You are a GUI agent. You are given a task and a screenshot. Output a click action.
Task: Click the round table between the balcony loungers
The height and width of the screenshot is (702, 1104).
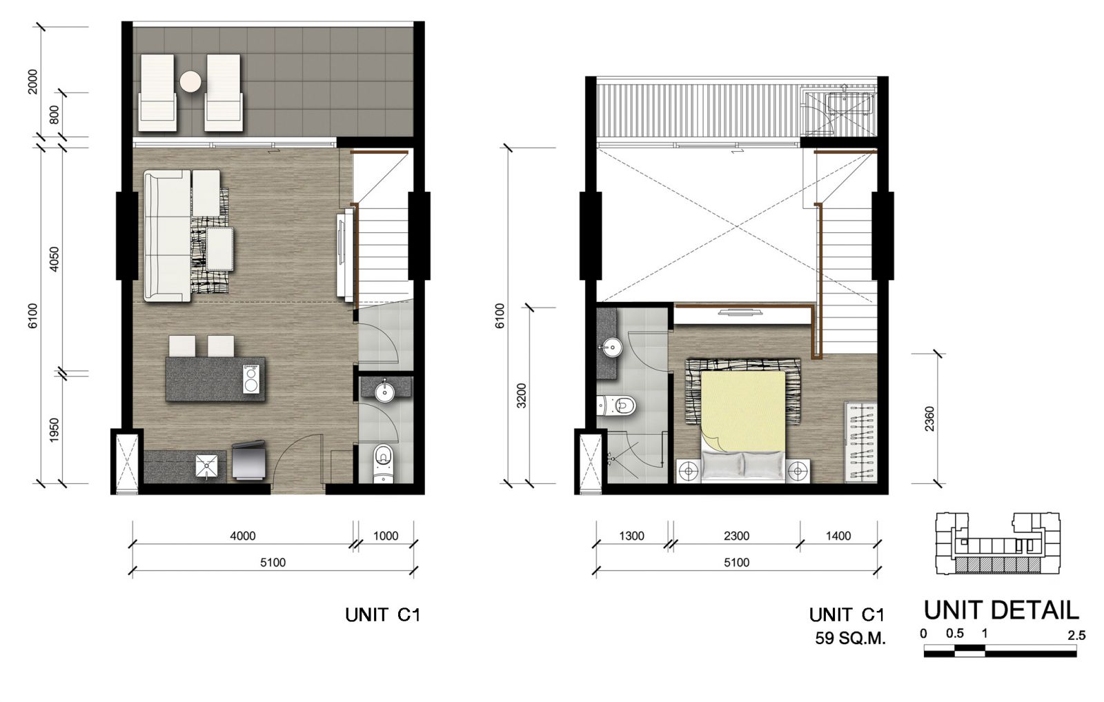(x=190, y=82)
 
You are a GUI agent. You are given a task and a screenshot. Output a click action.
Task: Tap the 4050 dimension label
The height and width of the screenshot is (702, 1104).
(x=55, y=259)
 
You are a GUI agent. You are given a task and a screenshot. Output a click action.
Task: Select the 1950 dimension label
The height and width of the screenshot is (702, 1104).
(x=55, y=430)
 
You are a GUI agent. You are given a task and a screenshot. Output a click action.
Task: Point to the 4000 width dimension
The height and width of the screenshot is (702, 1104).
(x=243, y=536)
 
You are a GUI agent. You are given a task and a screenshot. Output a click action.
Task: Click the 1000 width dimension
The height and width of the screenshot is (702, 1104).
(x=386, y=536)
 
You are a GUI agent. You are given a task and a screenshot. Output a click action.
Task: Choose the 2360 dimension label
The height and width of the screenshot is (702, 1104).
(x=929, y=419)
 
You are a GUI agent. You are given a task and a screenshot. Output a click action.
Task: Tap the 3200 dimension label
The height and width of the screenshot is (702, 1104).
(x=522, y=396)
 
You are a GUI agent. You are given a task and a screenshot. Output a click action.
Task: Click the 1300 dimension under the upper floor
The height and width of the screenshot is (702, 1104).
(x=631, y=536)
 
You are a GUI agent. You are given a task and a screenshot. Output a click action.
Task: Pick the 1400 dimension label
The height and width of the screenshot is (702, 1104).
(x=838, y=536)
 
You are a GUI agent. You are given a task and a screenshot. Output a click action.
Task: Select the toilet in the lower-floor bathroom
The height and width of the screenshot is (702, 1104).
(x=383, y=463)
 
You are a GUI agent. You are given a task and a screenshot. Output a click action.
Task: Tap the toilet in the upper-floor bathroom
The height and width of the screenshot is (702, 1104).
(x=617, y=405)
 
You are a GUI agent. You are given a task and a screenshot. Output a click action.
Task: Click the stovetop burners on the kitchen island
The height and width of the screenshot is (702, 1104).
(x=251, y=379)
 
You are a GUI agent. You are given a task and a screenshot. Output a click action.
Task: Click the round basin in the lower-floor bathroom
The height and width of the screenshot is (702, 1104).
(x=384, y=392)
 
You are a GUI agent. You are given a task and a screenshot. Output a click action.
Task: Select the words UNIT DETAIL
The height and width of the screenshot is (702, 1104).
(x=1000, y=611)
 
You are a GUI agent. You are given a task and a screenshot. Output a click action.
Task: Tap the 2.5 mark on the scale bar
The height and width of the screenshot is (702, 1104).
(x=1076, y=636)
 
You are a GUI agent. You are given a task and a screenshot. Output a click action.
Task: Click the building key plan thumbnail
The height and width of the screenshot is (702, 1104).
(x=998, y=544)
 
